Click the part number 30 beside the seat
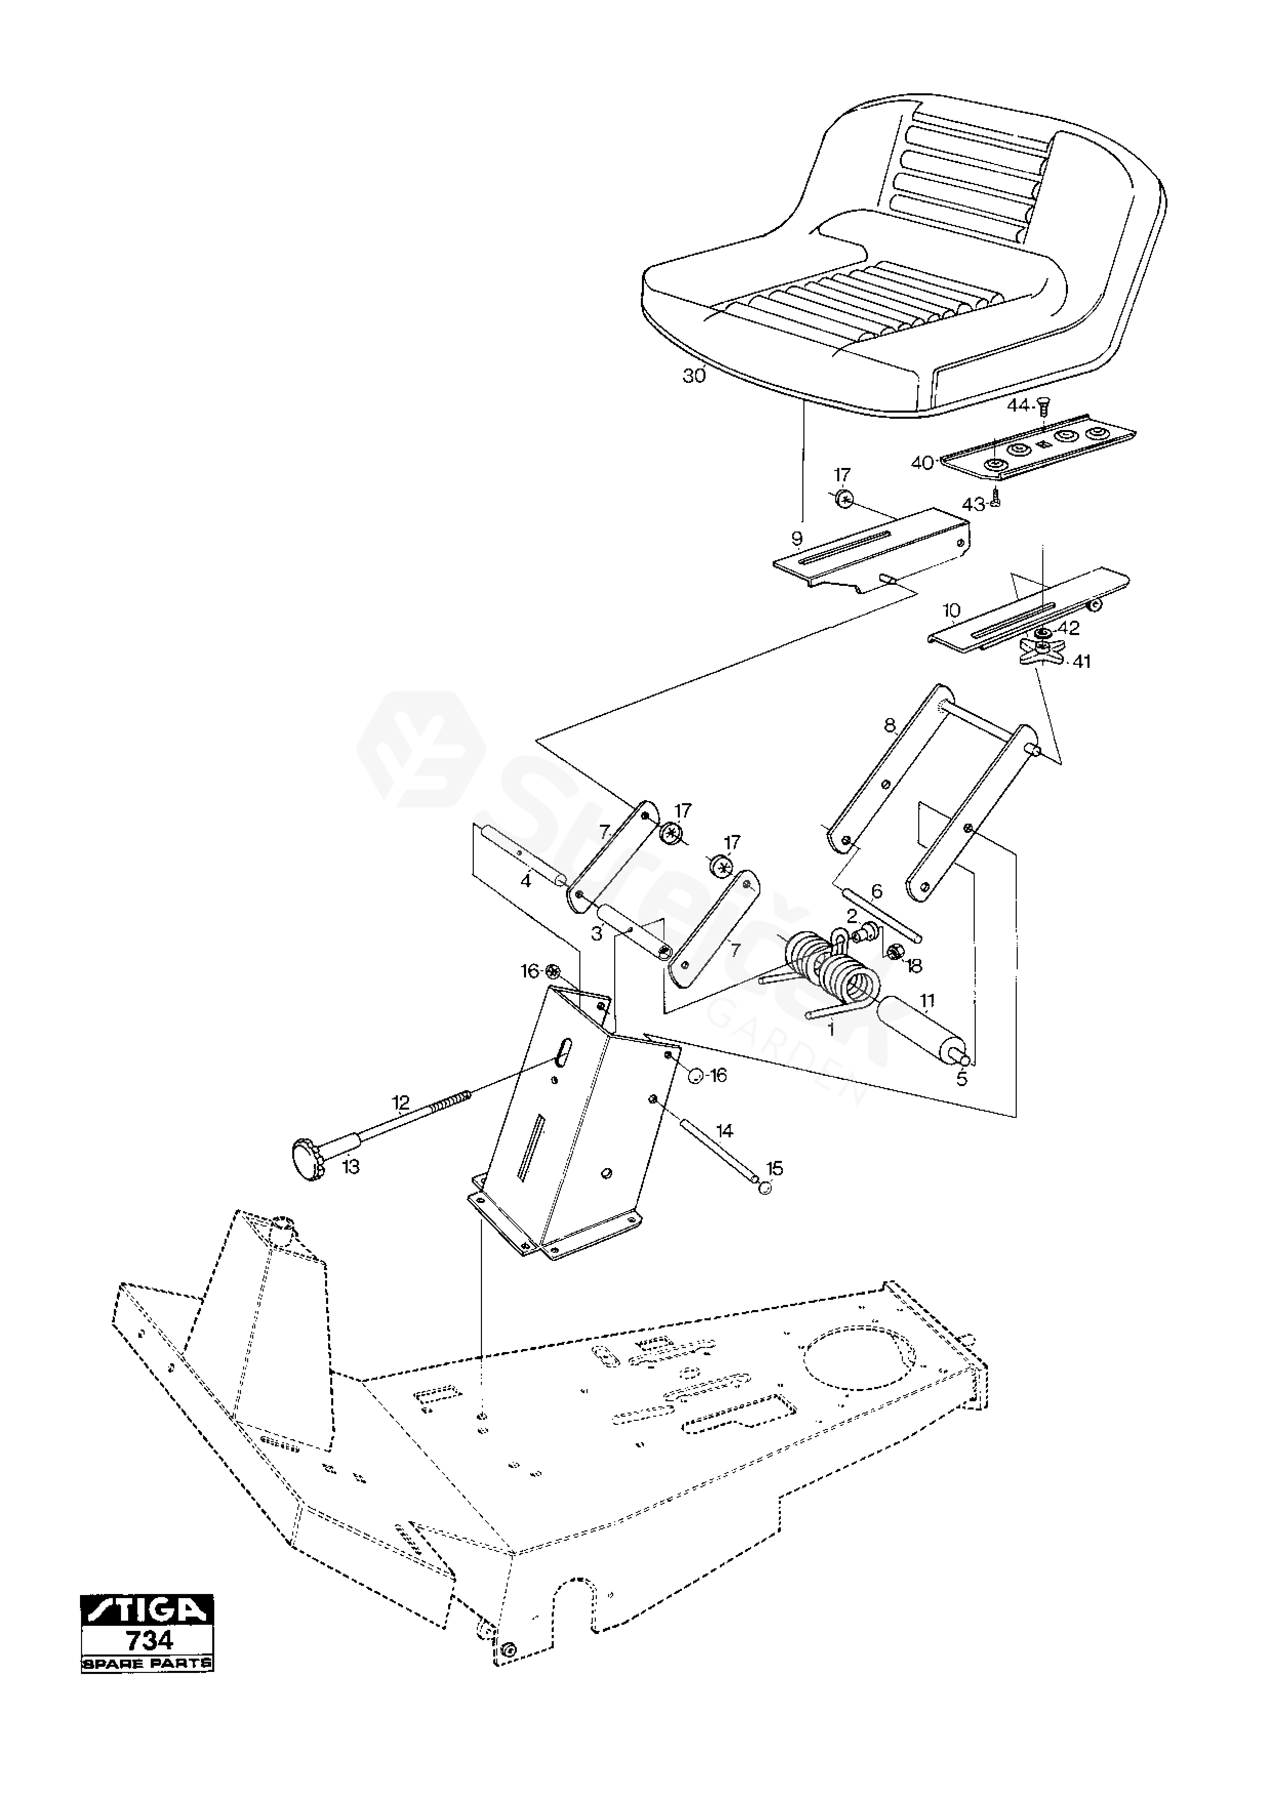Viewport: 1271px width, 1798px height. click(693, 376)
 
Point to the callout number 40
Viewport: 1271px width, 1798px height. click(922, 463)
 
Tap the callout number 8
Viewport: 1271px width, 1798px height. click(890, 725)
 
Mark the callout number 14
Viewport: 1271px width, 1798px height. click(724, 1131)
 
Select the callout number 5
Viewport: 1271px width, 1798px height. click(962, 1078)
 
